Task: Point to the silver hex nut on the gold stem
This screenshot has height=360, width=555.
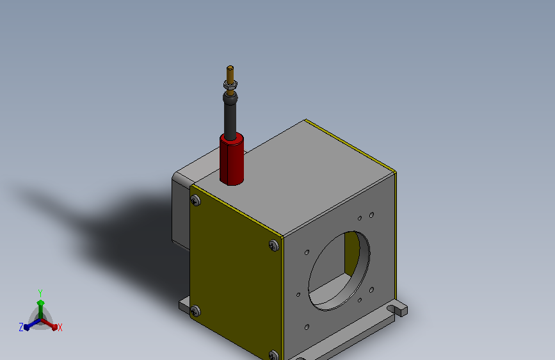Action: coord(230,85)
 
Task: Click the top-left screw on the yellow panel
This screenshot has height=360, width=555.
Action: coord(195,201)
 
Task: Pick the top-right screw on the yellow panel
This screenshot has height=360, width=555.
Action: coord(273,245)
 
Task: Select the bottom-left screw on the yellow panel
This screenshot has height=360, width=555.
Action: coord(195,311)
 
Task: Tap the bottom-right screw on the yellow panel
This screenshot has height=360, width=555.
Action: coord(273,355)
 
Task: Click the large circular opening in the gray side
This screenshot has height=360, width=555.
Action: coord(339,271)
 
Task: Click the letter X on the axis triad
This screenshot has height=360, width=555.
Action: coord(60,327)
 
